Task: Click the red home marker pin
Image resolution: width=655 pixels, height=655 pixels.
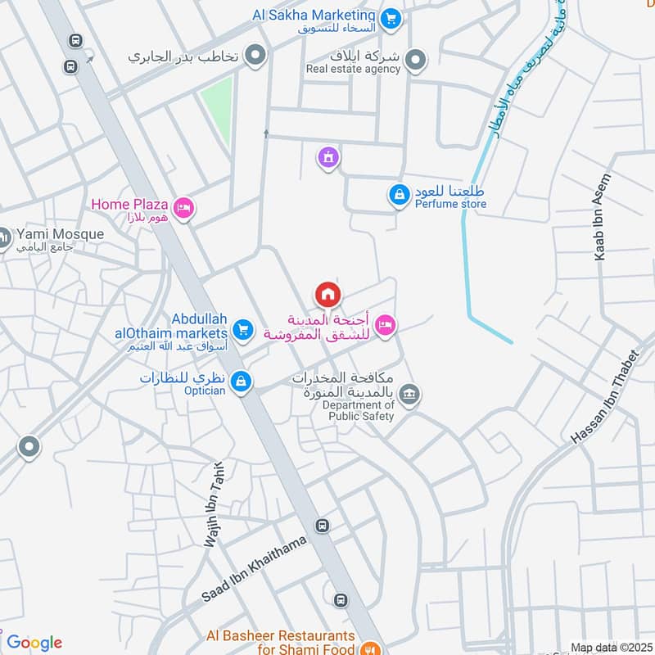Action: [327, 294]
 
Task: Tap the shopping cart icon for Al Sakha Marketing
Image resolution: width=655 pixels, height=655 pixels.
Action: [391, 17]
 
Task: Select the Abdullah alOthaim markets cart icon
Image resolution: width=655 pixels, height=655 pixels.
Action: [242, 330]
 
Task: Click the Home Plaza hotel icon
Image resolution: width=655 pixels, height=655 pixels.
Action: [184, 209]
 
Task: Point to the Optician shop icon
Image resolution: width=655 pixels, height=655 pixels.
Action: [241, 382]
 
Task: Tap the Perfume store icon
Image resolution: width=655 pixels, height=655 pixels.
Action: [398, 195]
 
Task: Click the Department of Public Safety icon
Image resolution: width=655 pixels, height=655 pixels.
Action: [410, 395]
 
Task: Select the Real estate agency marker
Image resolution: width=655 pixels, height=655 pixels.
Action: [417, 59]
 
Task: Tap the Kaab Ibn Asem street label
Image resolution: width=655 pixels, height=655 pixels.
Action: [603, 217]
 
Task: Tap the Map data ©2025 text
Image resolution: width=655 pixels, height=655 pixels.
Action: [610, 648]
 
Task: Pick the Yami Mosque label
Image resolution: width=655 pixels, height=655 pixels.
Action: [56, 234]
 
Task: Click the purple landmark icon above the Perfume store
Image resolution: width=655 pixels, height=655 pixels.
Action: [328, 156]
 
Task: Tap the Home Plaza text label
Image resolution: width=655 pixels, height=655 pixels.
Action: [129, 204]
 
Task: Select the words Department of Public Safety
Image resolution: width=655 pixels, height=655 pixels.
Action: [358, 410]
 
